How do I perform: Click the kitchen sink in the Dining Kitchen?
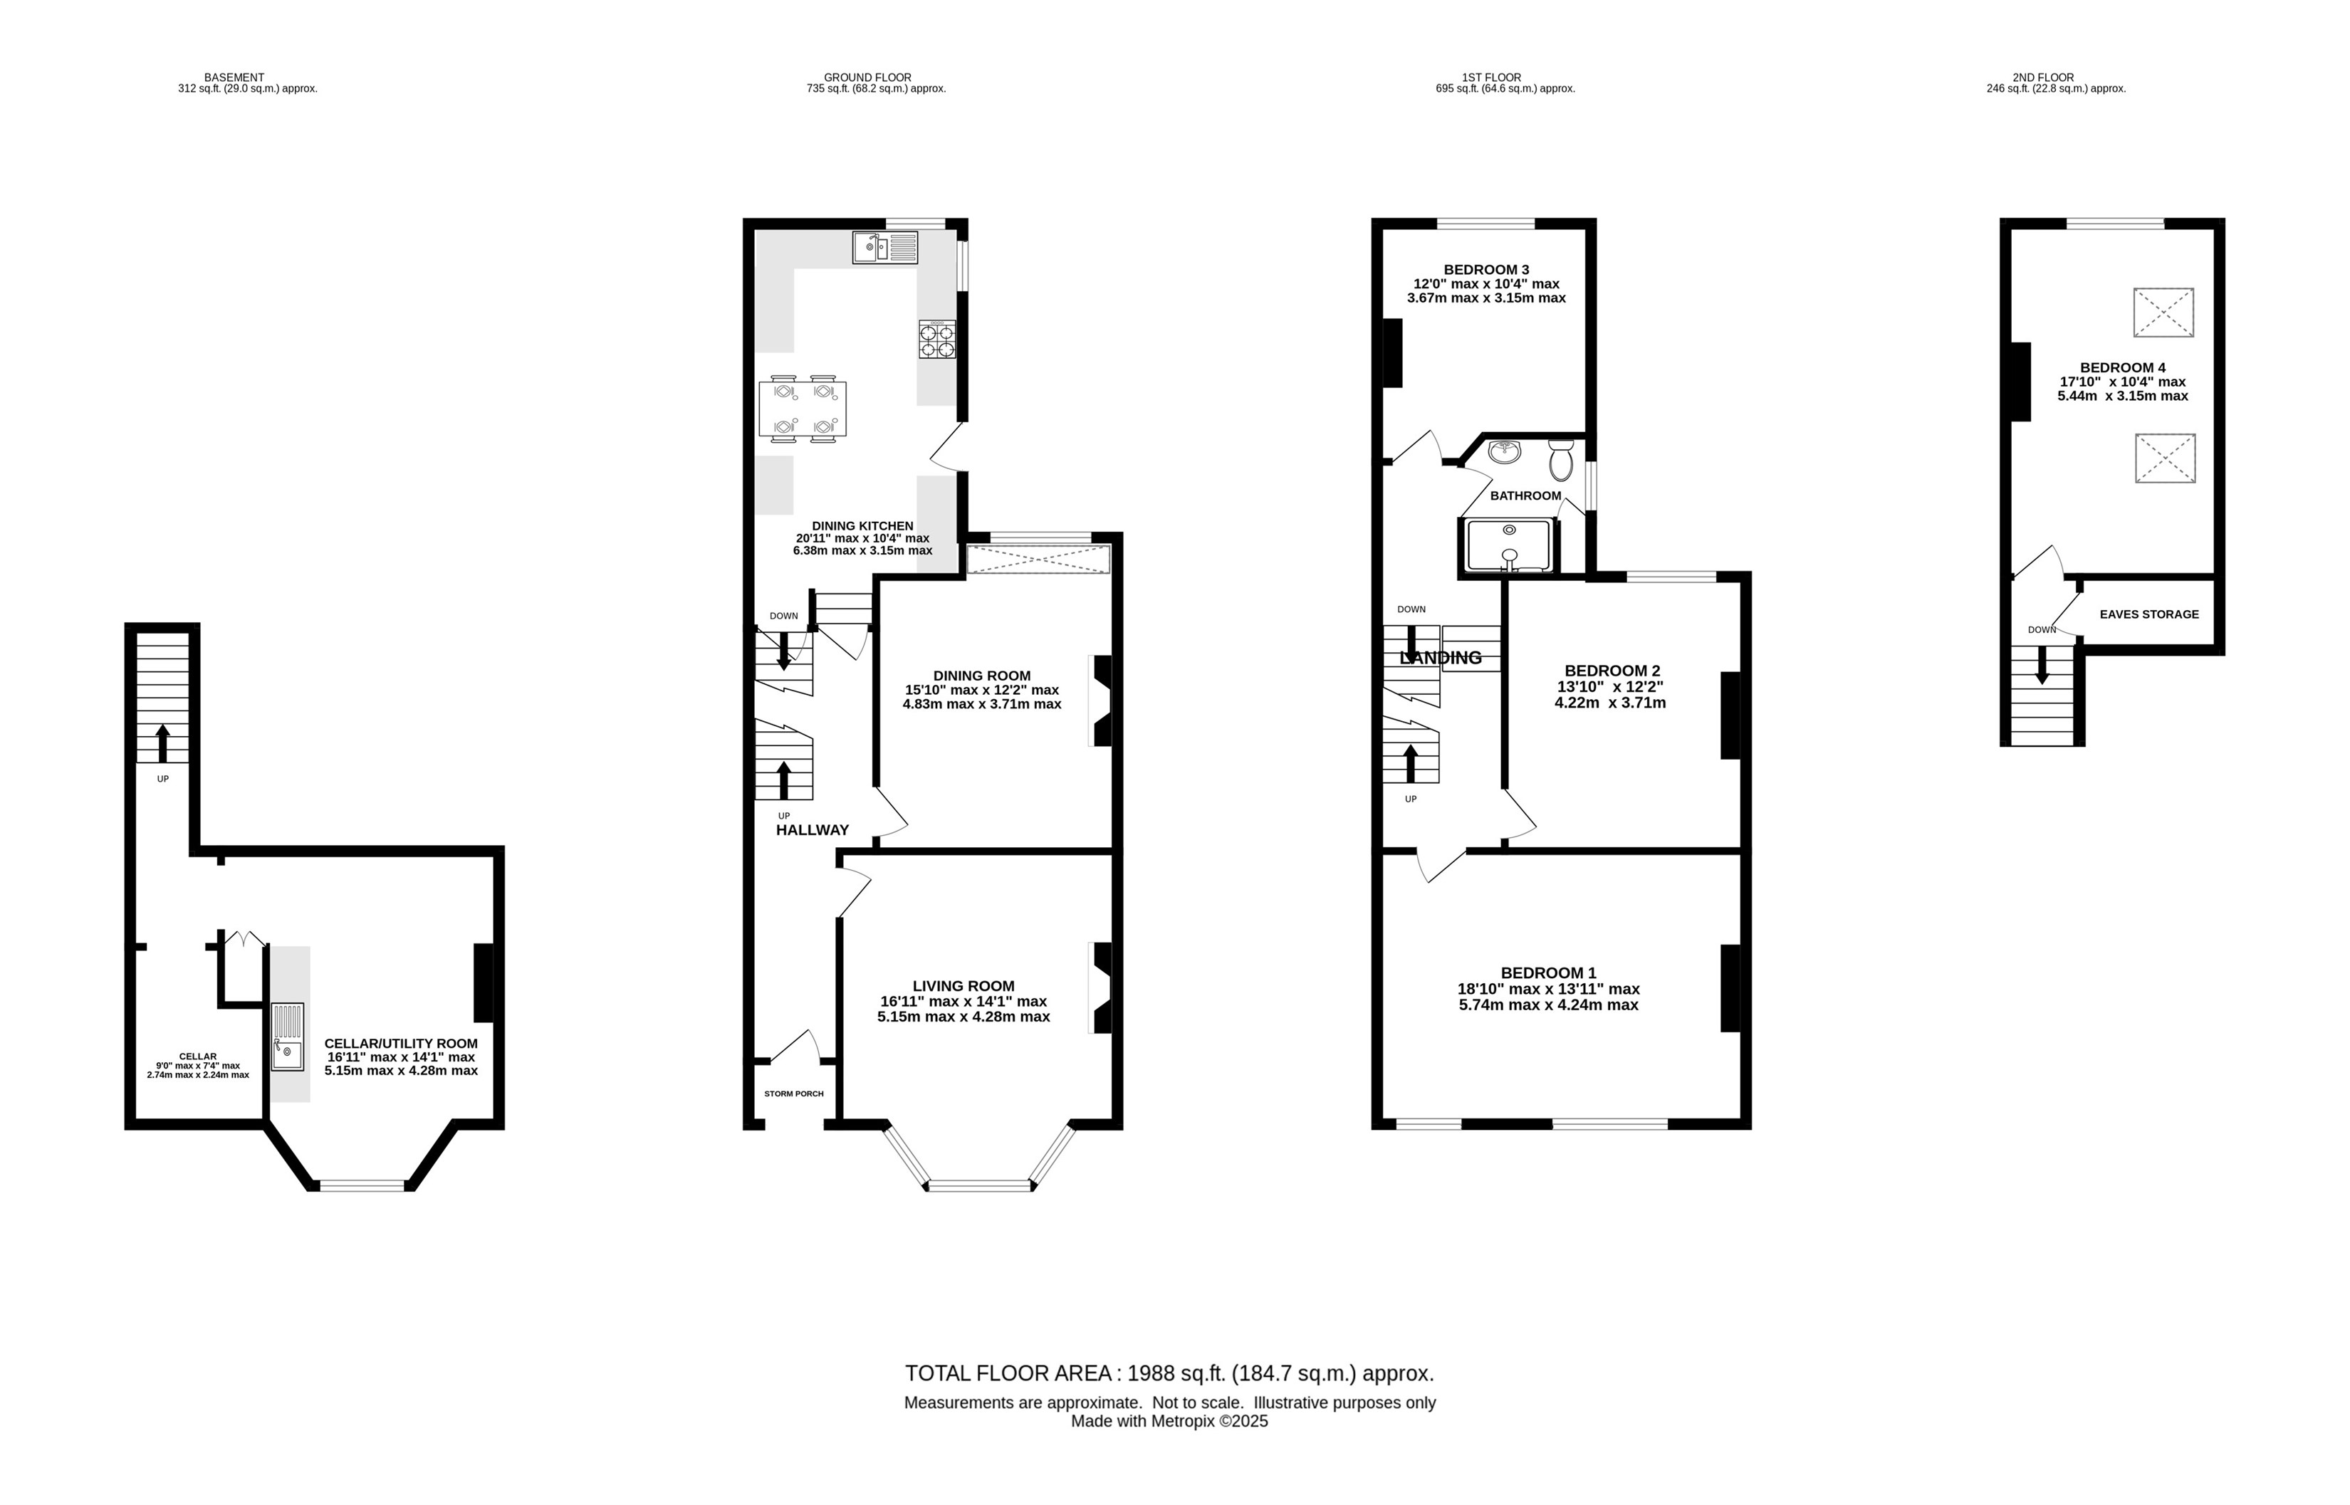pos(884,247)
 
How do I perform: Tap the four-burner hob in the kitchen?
pos(937,339)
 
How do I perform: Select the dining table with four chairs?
pos(803,409)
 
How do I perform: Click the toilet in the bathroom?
pos(1560,459)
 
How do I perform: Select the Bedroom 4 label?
pos(2122,367)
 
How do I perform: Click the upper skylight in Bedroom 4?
pos(2163,313)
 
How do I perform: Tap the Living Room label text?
pos(963,986)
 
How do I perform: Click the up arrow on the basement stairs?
pos(162,743)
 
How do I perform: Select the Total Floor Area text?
pos(1169,1373)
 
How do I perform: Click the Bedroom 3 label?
pos(1486,270)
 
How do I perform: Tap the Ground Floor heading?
pos(867,77)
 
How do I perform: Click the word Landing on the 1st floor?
pos(1441,658)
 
